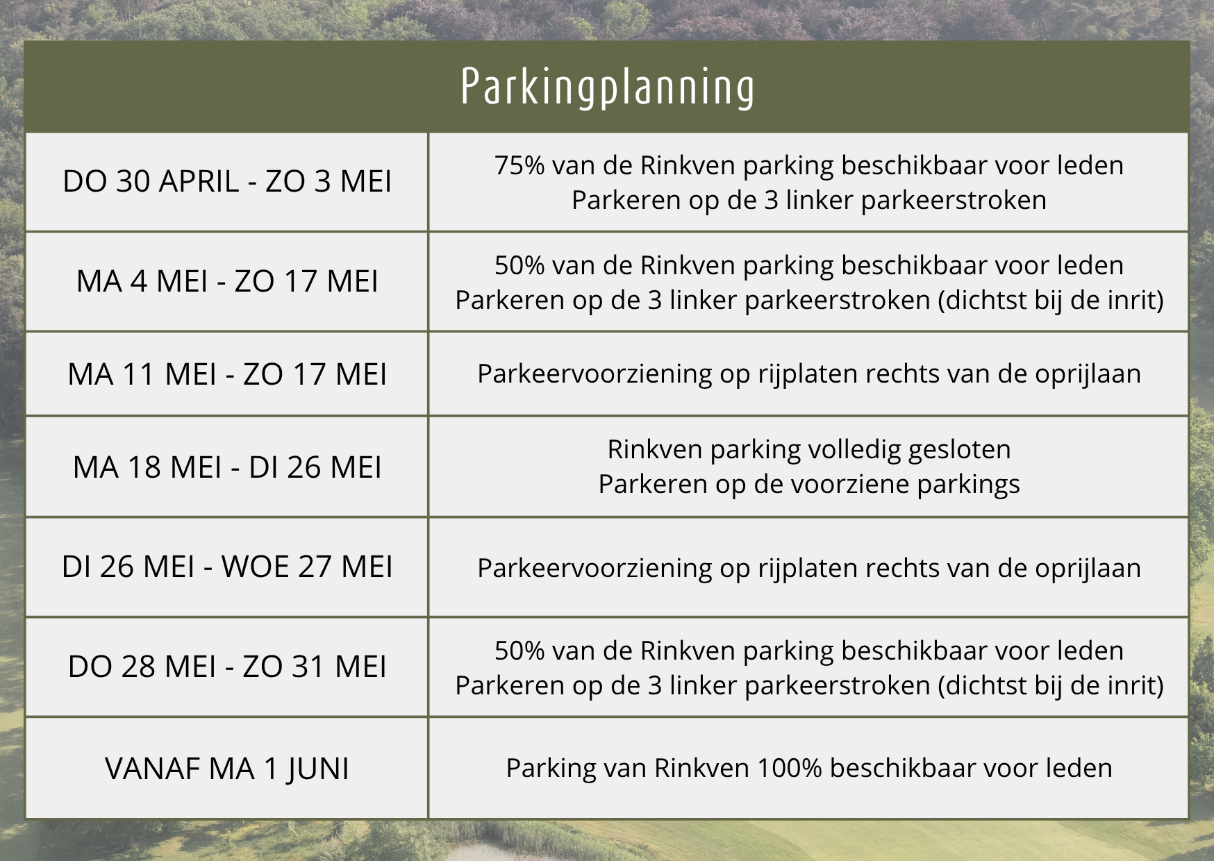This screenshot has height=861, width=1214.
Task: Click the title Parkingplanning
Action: click(607, 87)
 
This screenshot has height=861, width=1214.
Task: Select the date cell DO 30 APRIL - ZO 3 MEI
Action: click(227, 181)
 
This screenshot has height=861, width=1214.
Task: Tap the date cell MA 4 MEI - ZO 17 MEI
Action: click(227, 281)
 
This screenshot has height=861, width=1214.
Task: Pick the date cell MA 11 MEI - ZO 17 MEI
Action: click(227, 374)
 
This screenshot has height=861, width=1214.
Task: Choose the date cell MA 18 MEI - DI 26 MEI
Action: click(227, 467)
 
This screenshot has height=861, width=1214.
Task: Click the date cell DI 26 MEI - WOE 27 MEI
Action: click(227, 567)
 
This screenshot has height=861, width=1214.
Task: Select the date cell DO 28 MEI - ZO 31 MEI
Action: click(227, 667)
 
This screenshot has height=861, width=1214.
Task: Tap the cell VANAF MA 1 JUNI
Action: click(227, 769)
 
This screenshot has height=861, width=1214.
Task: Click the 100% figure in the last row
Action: click(789, 768)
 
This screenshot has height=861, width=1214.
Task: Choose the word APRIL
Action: click(199, 181)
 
